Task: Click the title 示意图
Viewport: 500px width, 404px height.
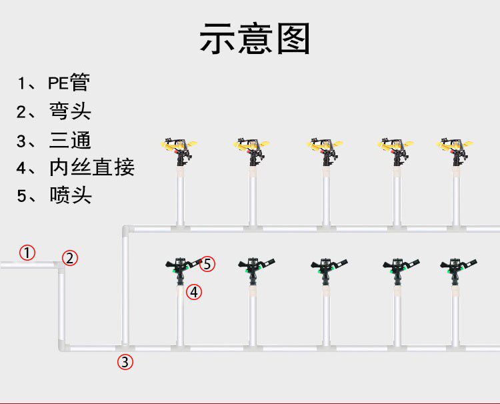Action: [255, 39]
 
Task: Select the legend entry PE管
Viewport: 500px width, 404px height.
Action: [68, 83]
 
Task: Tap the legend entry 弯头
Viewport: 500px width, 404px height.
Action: [70, 111]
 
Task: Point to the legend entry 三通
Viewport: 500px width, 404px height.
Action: [70, 140]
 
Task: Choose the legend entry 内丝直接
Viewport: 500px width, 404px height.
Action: [91, 167]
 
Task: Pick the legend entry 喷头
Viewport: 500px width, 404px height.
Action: [70, 195]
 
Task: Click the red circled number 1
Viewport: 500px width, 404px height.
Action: [27, 253]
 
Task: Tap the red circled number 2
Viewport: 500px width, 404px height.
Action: [71, 258]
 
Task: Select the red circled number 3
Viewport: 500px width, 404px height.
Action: [125, 363]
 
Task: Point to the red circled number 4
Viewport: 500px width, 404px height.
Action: [193, 291]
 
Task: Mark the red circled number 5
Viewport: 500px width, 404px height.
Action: [208, 264]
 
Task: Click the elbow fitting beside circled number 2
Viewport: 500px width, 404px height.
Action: [61, 266]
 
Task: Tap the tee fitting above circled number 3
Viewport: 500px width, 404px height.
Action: [125, 347]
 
